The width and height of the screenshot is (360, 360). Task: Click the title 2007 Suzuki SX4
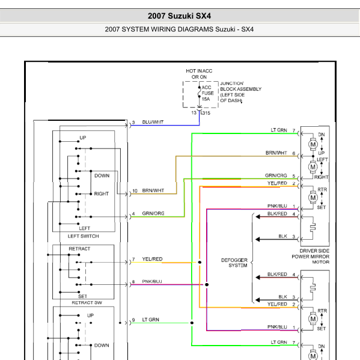click(179, 16)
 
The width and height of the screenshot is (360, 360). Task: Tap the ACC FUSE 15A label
click(207, 93)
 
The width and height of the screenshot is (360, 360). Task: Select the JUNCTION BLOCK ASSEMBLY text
click(240, 86)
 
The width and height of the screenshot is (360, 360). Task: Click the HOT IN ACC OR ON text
click(199, 74)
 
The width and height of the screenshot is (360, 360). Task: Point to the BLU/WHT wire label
click(153, 122)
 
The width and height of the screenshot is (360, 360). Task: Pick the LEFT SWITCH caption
click(84, 236)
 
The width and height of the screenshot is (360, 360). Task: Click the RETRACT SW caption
click(87, 302)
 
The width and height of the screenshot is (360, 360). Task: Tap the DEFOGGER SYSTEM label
click(234, 263)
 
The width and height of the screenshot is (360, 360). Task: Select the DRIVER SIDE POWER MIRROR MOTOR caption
click(310, 256)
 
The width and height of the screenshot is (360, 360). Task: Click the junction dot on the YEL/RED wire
click(200, 262)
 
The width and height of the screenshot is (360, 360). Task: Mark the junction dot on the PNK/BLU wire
click(207, 284)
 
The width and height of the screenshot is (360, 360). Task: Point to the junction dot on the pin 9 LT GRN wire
click(192, 323)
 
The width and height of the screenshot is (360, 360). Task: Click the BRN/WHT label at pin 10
click(153, 191)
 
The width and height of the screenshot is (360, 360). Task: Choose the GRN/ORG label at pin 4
click(153, 213)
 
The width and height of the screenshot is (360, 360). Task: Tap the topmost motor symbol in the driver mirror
click(313, 144)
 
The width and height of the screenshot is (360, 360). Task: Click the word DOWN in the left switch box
click(102, 175)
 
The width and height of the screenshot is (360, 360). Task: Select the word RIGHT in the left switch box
click(101, 194)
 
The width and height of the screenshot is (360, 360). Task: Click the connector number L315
click(206, 113)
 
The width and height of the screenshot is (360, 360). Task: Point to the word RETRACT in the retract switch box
click(79, 249)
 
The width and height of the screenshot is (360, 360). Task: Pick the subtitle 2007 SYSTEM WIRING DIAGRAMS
click(159, 29)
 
